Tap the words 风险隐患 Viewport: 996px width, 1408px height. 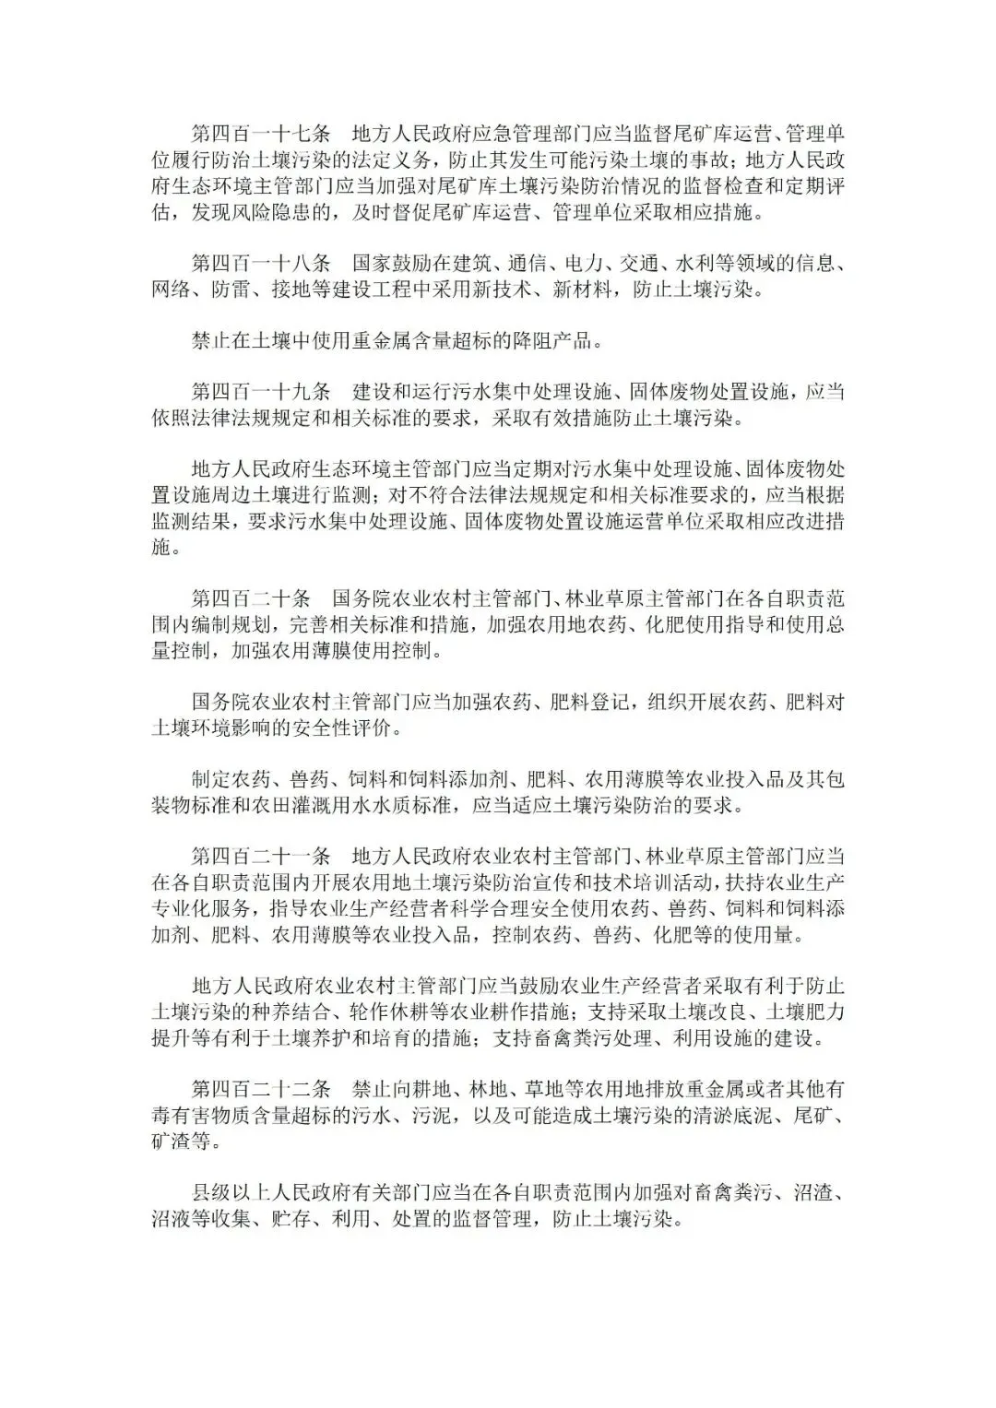coord(302,212)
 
